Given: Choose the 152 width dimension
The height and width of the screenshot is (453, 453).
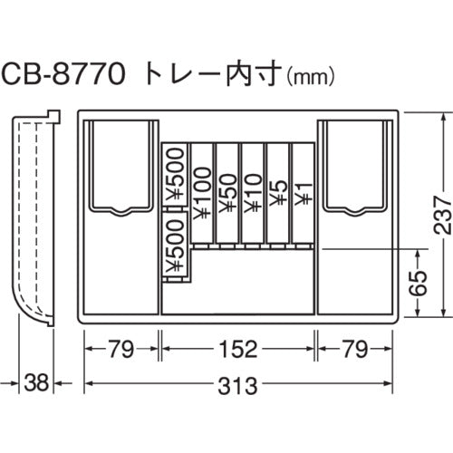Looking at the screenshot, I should [237, 348].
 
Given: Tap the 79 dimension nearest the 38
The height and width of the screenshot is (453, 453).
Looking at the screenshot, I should [121, 348].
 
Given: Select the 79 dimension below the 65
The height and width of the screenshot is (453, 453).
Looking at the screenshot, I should [353, 348].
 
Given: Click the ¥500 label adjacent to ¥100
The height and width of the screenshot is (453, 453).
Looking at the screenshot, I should [176, 177].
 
